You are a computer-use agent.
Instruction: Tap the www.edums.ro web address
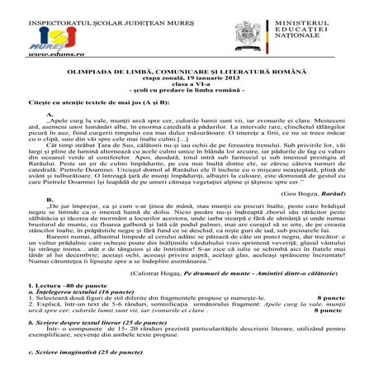pyautogui.click(x=32, y=52)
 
